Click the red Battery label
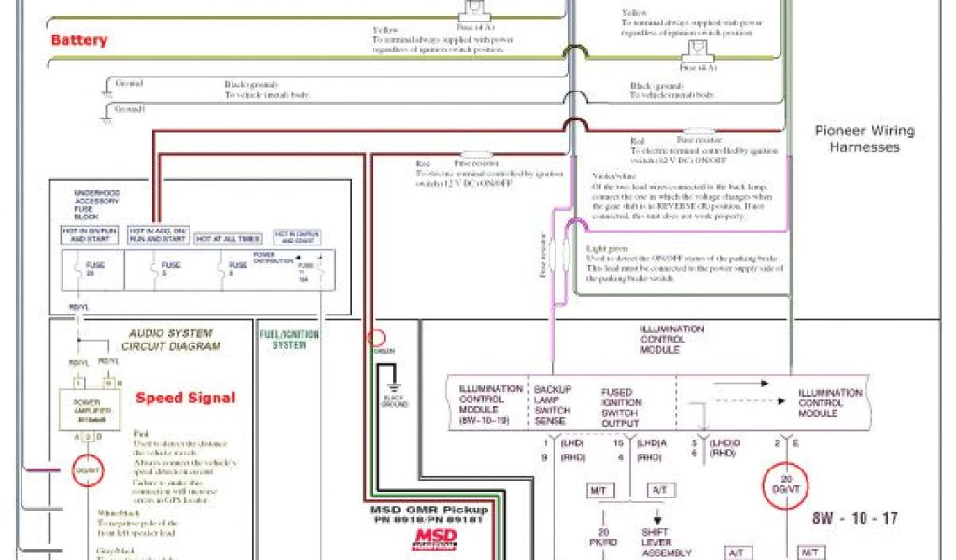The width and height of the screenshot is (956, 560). (78, 40)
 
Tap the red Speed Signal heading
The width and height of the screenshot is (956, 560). (185, 398)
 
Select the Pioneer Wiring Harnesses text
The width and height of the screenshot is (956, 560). (864, 139)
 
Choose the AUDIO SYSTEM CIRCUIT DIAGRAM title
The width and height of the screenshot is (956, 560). (171, 339)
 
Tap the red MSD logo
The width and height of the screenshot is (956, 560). (436, 539)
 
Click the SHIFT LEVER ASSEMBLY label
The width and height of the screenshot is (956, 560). (666, 542)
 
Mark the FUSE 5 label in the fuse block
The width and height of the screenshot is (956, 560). (170, 270)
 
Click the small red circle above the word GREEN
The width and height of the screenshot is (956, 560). (378, 339)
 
